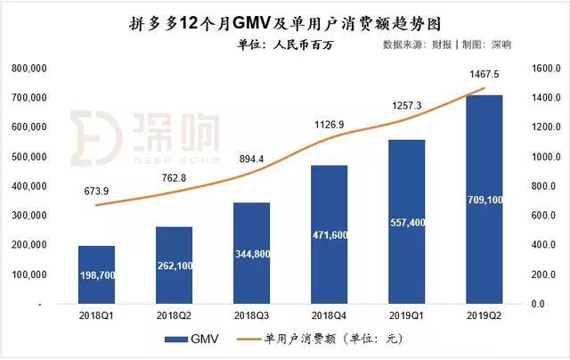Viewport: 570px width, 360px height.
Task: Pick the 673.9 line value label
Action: tap(96, 189)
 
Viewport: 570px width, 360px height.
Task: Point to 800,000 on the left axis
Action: tap(32, 69)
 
